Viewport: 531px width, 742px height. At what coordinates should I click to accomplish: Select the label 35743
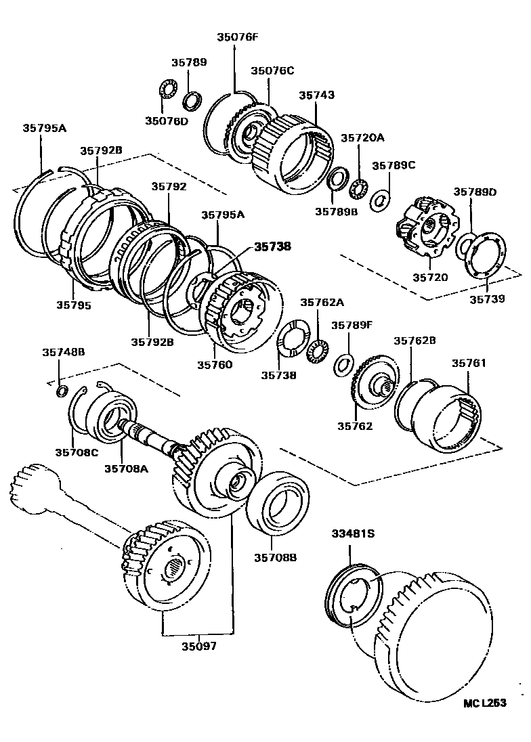pos(317,95)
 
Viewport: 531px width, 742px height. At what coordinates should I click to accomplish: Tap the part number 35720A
pos(362,137)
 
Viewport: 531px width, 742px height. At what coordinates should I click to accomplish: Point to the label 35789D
pos(475,192)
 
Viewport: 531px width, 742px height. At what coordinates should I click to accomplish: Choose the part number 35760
pos(215,364)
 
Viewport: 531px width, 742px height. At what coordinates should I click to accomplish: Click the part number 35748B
pos(64,352)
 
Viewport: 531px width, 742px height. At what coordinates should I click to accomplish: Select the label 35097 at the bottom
pos(198,646)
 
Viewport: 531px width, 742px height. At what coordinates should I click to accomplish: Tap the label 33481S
pos(352,533)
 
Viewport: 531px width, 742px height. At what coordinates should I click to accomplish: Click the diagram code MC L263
pos(485,703)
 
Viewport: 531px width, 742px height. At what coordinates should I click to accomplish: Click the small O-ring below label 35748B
pos(60,391)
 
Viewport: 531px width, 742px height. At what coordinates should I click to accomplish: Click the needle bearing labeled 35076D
pos(166,89)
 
